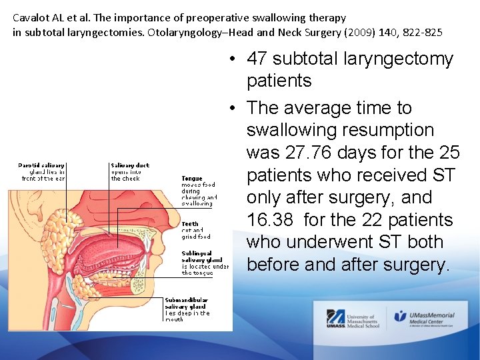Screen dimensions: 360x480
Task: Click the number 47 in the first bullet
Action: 257,59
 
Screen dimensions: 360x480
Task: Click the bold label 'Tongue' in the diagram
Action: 192,179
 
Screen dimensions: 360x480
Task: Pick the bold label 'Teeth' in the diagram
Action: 190,224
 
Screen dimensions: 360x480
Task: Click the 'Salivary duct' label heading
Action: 130,165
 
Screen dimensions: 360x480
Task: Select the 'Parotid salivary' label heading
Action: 41,165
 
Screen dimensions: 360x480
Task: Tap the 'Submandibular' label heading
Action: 186,300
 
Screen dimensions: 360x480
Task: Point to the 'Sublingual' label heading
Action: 197,253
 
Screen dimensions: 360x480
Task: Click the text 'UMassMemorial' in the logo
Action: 433,315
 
